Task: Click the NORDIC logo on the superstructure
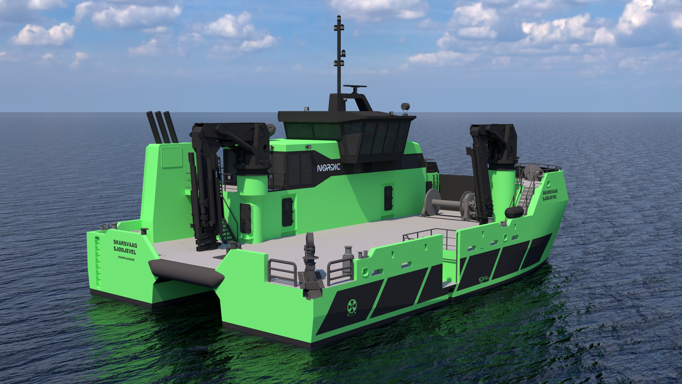329,167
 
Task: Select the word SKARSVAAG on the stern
125,242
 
